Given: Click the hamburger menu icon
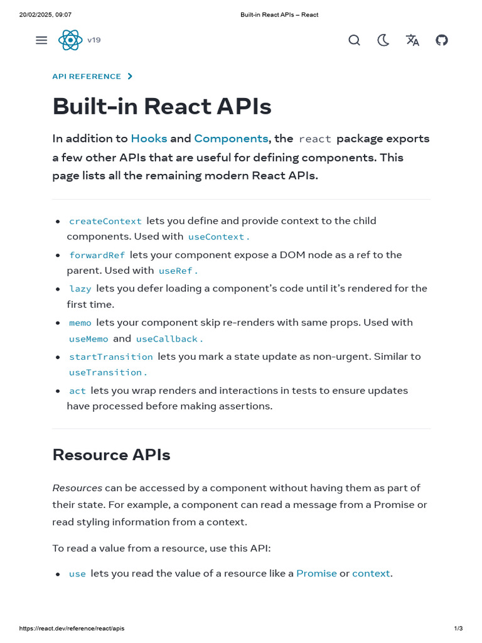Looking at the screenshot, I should (x=41, y=40).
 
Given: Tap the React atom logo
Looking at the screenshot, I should (x=70, y=40).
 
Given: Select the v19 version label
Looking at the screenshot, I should (x=94, y=40).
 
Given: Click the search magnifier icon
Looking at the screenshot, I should (x=354, y=40).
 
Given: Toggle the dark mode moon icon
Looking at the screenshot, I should (x=383, y=40).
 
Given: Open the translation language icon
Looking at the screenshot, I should (x=412, y=40).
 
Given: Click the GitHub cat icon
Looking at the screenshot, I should (x=442, y=40).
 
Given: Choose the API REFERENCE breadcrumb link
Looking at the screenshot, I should (x=87, y=77).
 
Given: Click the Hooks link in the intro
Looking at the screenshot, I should (x=149, y=138).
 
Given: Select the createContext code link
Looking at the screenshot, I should (x=105, y=221).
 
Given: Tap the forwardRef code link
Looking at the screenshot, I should (x=97, y=255).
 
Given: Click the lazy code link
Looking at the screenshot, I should (x=80, y=289).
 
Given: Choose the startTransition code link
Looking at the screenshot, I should (x=111, y=357).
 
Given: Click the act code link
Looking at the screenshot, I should (x=77, y=391).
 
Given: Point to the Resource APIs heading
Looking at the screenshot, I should (x=111, y=455).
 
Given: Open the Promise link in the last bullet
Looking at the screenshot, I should (x=316, y=573).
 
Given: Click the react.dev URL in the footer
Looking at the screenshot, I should (x=72, y=629).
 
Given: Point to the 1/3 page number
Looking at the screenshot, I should (x=458, y=629).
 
